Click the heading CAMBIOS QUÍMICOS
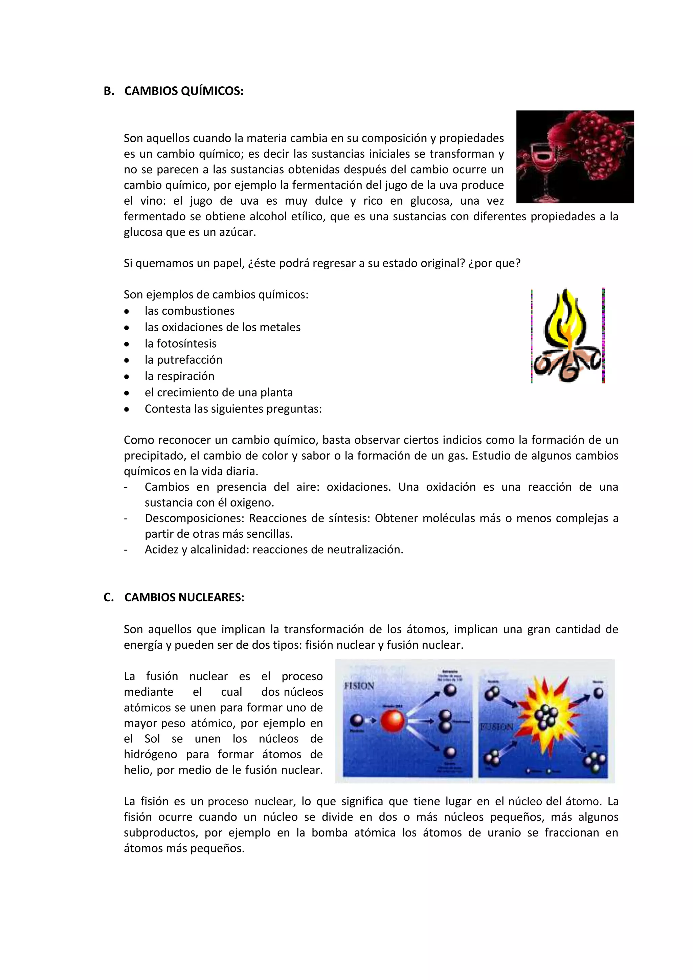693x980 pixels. click(x=183, y=91)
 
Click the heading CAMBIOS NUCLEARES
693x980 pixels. click(x=184, y=597)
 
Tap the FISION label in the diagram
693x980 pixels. click(x=359, y=686)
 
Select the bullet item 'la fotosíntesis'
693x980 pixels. click(x=180, y=343)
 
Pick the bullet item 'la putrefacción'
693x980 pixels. click(x=183, y=360)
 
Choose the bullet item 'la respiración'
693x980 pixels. click(x=179, y=376)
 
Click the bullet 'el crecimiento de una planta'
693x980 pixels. click(x=219, y=392)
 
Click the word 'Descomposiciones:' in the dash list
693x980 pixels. click(x=194, y=518)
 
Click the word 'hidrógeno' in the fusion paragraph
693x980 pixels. click(x=150, y=754)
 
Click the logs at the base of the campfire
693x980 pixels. click(x=567, y=367)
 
